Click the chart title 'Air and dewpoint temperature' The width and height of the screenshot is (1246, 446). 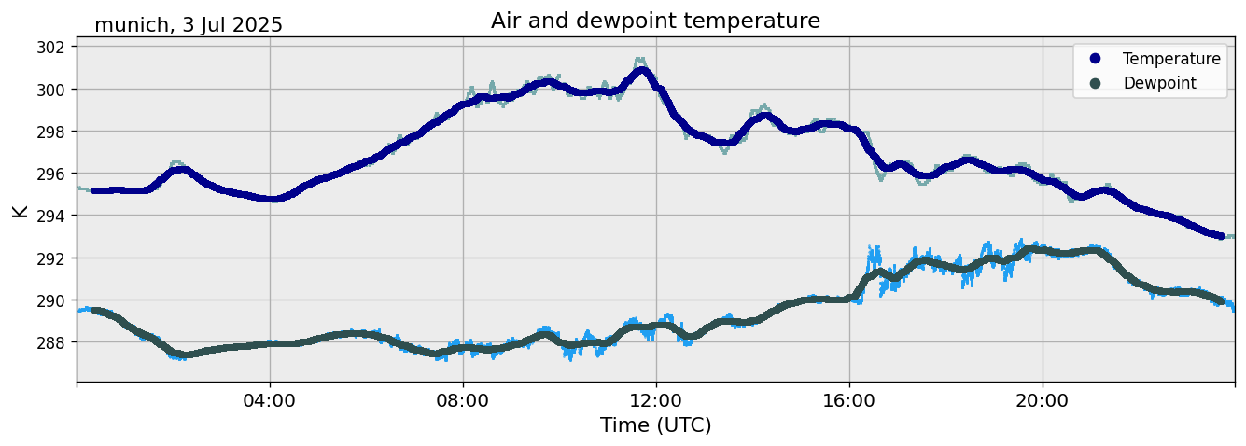[x=655, y=21]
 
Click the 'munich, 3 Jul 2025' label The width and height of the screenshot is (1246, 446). [x=189, y=25]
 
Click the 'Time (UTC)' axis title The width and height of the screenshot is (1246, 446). [x=655, y=425]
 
